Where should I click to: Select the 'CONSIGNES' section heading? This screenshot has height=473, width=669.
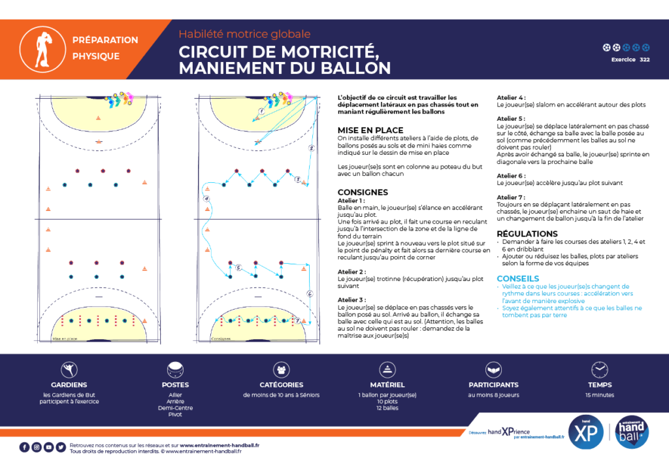(363, 193)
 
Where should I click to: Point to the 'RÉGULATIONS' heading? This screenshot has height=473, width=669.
(527, 234)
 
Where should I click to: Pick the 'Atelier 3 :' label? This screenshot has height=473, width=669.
(351, 299)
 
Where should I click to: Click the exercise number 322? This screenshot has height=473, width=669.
(644, 59)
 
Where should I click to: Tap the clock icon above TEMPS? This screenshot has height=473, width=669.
(600, 370)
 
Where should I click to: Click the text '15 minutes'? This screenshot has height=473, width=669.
(600, 395)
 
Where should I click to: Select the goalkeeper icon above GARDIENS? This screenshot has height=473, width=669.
(69, 370)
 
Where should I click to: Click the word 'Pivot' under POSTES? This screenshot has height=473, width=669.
(175, 415)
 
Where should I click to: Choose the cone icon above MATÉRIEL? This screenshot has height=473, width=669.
(388, 370)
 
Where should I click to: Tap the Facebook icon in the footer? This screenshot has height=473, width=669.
(24, 447)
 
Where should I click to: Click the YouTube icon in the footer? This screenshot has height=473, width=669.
(48, 447)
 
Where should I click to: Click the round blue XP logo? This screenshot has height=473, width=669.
(585, 432)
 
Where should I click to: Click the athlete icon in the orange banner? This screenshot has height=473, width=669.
(36, 48)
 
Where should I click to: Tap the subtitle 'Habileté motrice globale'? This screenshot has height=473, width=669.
(244, 34)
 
